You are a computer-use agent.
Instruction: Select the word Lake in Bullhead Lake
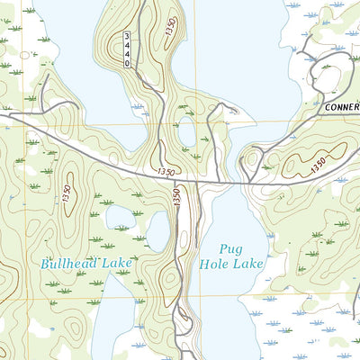pos(117,263)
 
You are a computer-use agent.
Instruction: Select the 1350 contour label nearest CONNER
pos(316,166)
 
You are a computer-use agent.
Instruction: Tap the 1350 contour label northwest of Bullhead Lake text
pos(66,194)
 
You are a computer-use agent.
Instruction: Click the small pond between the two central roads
pos(188,133)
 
